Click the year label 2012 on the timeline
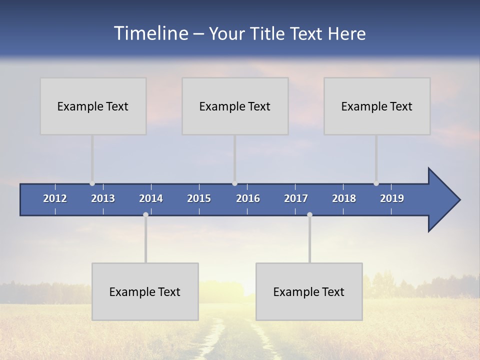click(55, 198)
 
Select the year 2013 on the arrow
click(103, 198)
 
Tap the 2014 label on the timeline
click(151, 198)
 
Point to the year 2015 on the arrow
click(199, 198)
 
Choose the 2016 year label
click(248, 198)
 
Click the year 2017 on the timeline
click(296, 198)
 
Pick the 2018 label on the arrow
click(344, 198)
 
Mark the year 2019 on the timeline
click(392, 198)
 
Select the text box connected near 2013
click(93, 106)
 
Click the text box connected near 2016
click(235, 106)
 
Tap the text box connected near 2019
click(377, 106)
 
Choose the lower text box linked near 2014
click(145, 291)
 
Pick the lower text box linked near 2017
click(309, 291)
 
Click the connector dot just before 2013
click(92, 183)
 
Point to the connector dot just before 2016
click(235, 183)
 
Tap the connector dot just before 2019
click(376, 183)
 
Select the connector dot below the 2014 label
click(145, 214)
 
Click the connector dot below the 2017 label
click(309, 214)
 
